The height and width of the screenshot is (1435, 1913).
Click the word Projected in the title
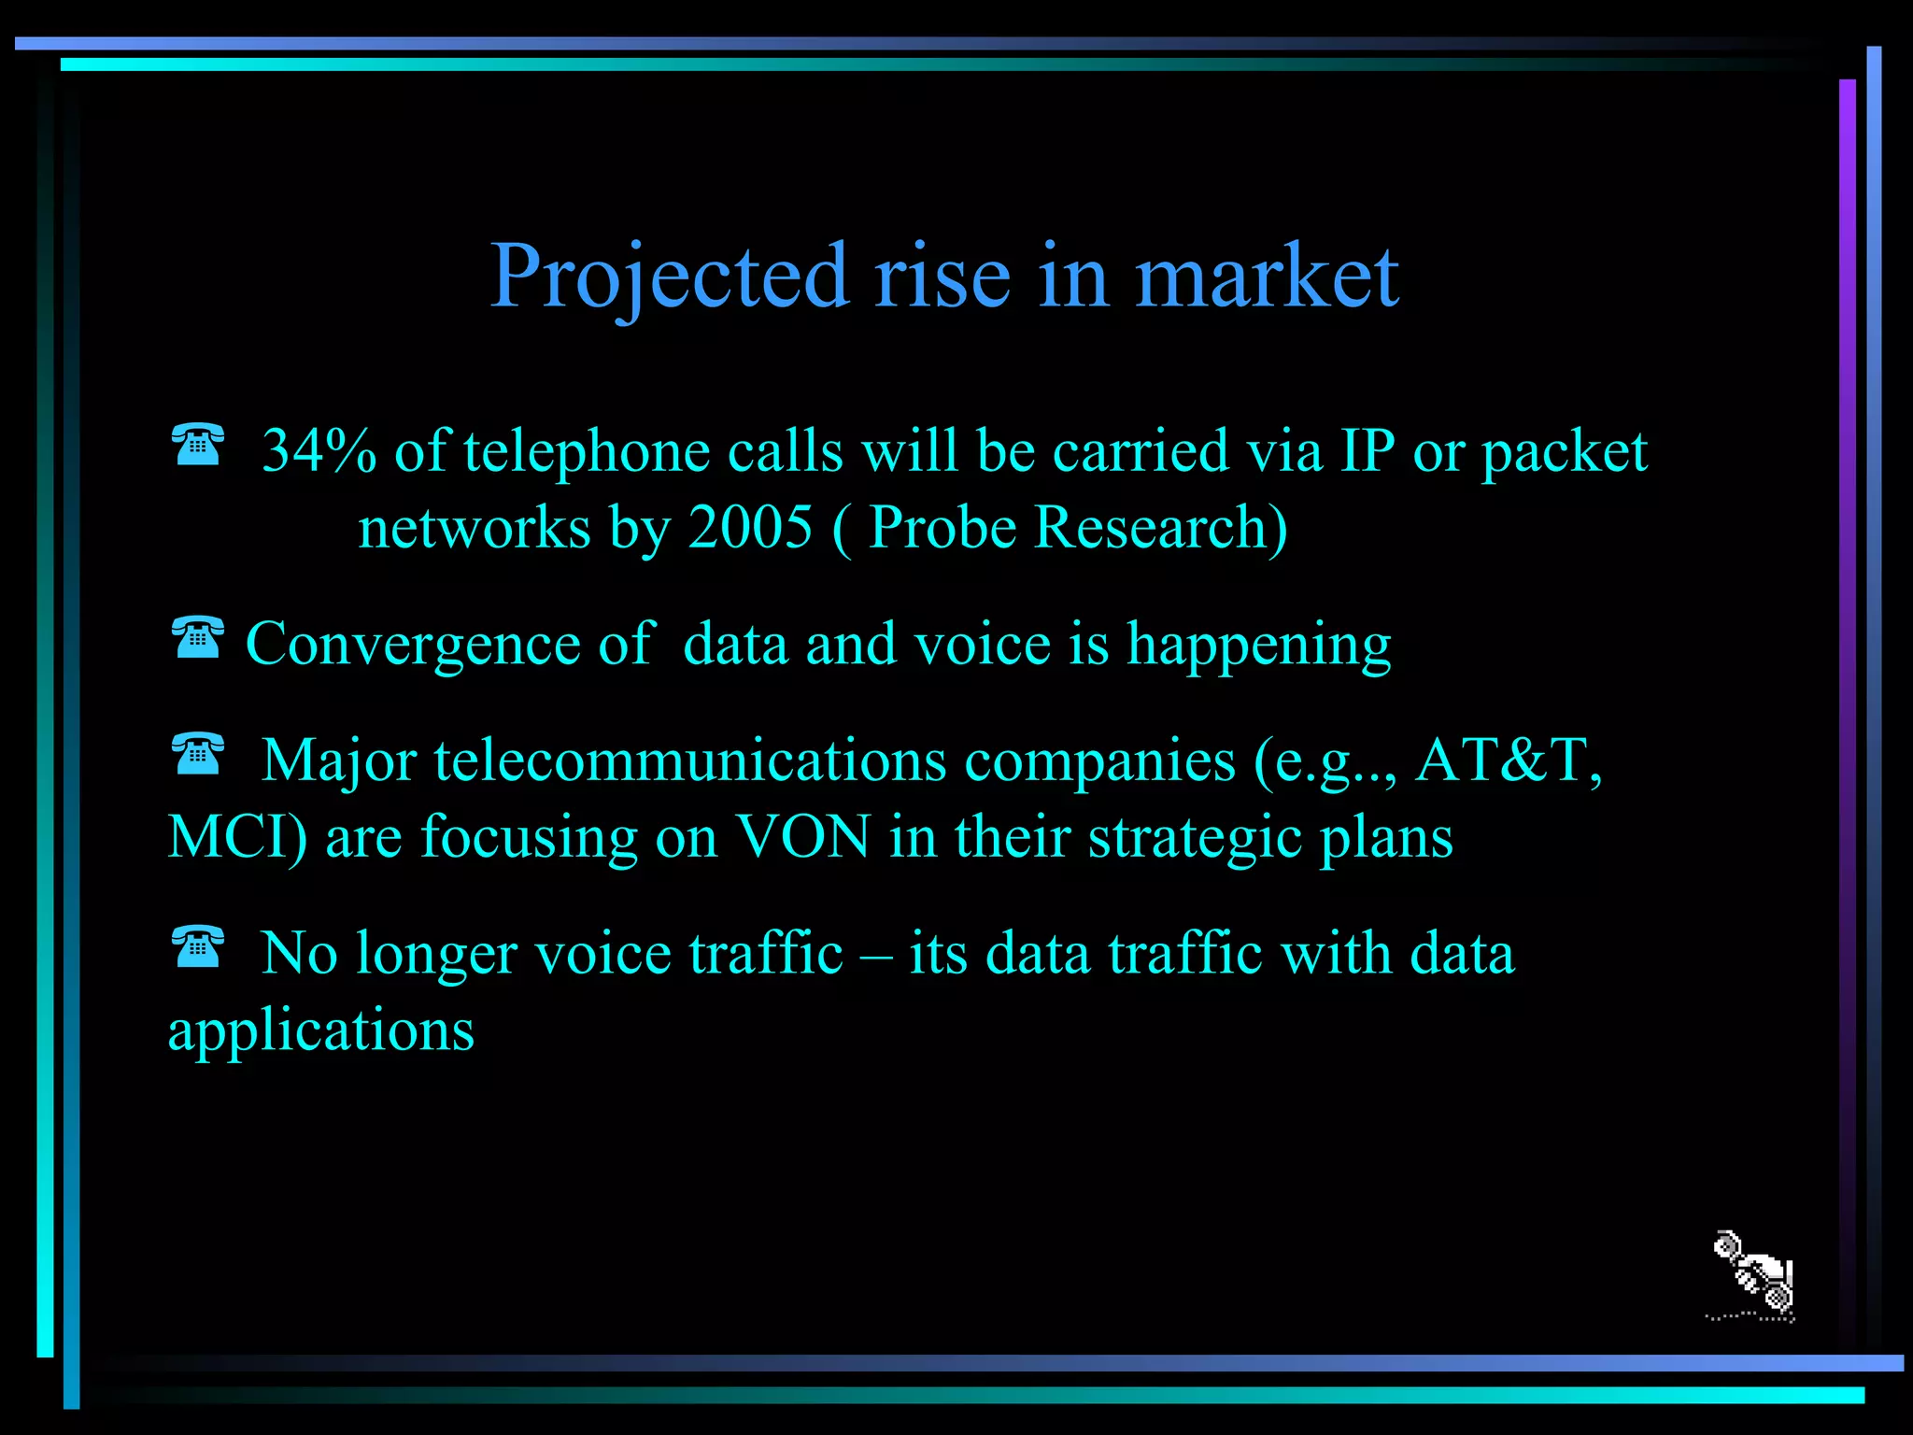tap(670, 277)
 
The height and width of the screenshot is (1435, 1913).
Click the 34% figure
tap(319, 451)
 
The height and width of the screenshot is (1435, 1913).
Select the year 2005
tap(749, 528)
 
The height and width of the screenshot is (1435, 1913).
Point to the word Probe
tap(942, 528)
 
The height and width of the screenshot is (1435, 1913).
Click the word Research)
tap(1161, 528)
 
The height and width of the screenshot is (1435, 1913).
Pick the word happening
tap(1258, 645)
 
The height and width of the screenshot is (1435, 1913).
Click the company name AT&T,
tap(1508, 760)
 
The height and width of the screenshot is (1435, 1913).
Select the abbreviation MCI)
tap(237, 837)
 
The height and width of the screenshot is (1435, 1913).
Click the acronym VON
tap(803, 837)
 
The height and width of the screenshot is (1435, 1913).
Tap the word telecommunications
tap(690, 760)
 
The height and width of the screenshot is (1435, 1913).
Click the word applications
tap(320, 1031)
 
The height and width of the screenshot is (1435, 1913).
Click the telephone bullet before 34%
tap(198, 444)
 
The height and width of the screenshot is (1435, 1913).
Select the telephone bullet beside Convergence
tap(198, 637)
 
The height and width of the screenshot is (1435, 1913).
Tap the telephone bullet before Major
tap(198, 754)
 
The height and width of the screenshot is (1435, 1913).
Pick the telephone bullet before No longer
tap(198, 946)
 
